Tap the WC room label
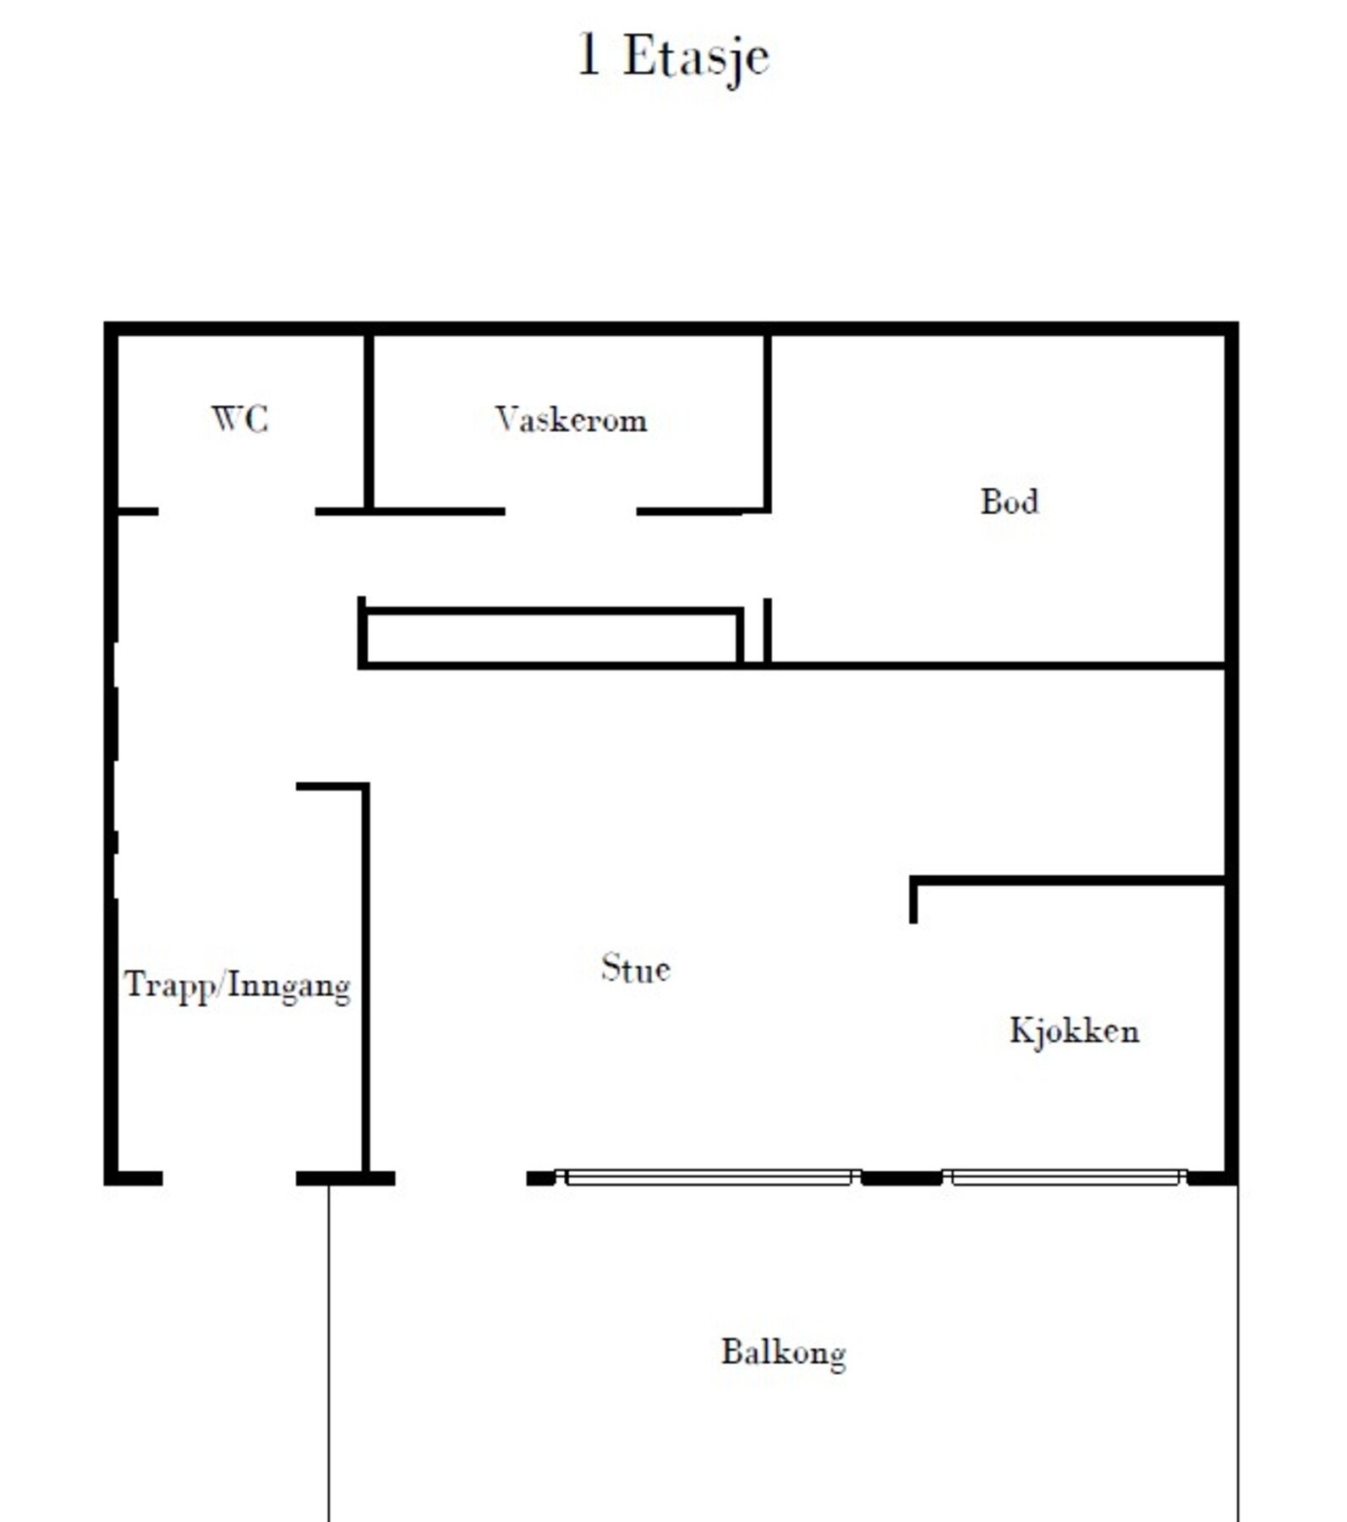click(x=240, y=419)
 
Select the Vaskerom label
click(x=572, y=420)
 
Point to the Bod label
click(x=1009, y=502)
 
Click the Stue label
click(x=636, y=969)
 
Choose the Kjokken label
click(x=1074, y=1031)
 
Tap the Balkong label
click(x=783, y=1353)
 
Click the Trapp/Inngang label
click(x=238, y=986)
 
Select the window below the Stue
click(x=709, y=1177)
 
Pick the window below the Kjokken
click(x=1065, y=1177)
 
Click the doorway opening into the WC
click(x=237, y=512)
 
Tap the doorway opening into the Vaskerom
click(x=571, y=512)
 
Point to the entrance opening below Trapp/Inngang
click(x=229, y=1178)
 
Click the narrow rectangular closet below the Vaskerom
click(x=551, y=638)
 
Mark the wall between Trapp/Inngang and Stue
click(x=365, y=981)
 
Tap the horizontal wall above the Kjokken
click(x=1070, y=881)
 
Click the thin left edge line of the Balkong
click(x=329, y=1353)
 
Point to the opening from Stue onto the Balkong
click(x=461, y=1178)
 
